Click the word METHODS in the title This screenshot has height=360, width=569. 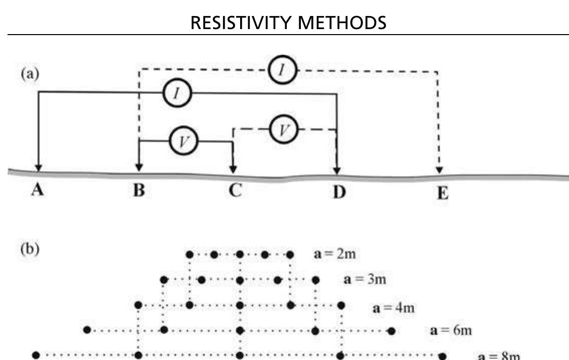point(342,23)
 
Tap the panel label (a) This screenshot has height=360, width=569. point(30,74)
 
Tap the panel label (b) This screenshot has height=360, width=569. point(30,249)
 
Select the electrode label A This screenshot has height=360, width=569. point(38,190)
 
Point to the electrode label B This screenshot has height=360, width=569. point(139,190)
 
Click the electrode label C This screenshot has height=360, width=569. point(235,190)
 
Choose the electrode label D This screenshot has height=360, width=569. point(339,192)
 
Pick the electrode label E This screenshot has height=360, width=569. point(442,193)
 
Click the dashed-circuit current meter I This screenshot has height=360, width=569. point(283,70)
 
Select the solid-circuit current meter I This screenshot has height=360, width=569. point(177,93)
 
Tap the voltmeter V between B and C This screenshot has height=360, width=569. point(183,141)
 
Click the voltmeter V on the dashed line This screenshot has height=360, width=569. point(284,129)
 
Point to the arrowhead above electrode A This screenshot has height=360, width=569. point(38,168)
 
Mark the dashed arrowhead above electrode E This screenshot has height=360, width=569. point(439,170)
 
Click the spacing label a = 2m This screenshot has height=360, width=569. point(334,254)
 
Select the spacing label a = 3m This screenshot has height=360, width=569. point(364,279)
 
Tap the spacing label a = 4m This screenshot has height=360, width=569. point(394,308)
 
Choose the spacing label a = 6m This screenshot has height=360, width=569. point(451,330)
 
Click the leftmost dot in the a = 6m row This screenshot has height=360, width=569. point(87,330)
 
